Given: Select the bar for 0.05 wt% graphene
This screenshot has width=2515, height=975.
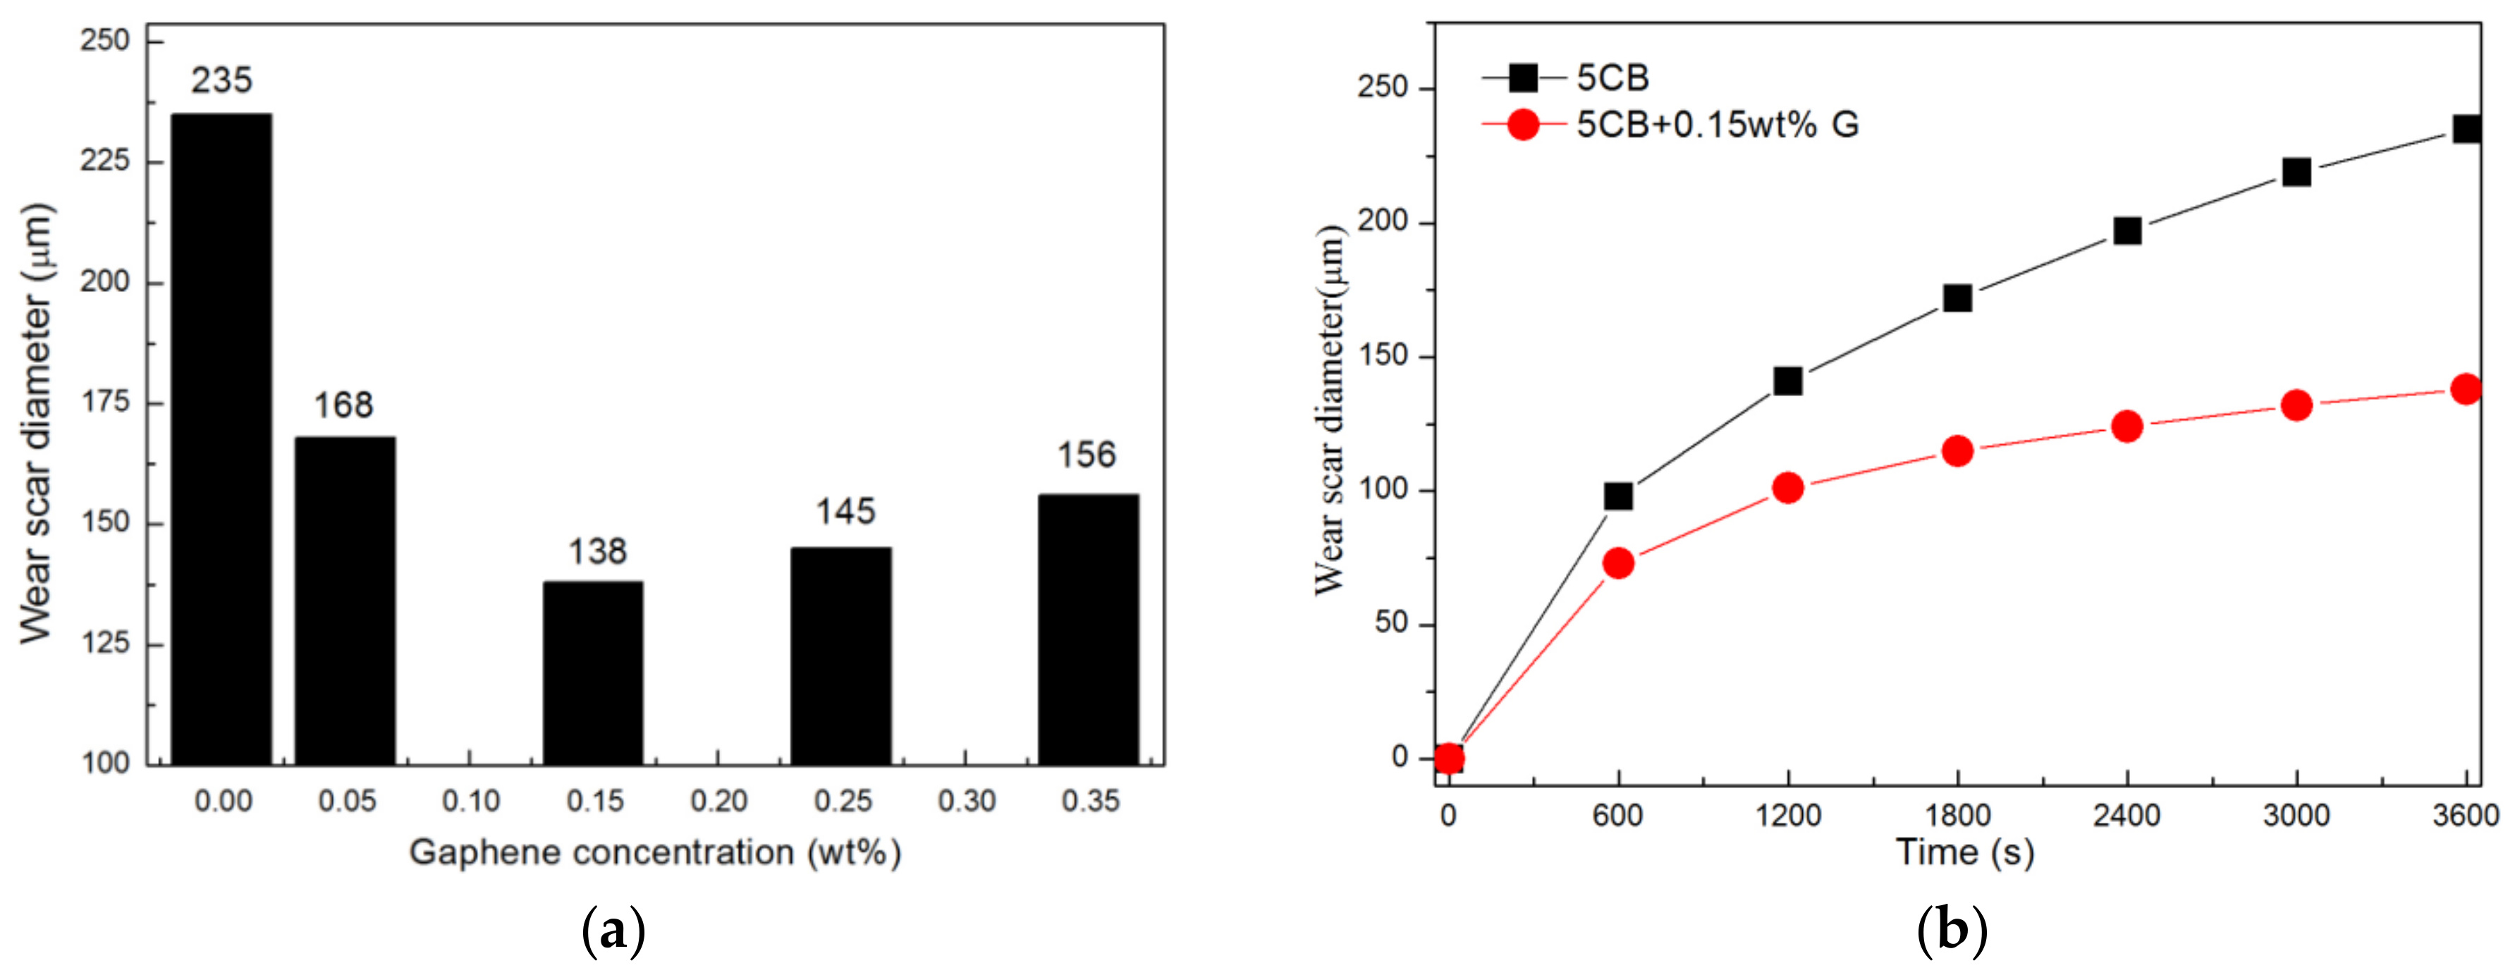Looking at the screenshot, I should pos(345,600).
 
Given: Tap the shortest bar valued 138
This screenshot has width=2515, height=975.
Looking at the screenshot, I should pos(593,673).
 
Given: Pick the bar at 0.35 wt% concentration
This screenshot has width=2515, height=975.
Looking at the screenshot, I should pos(1088,630).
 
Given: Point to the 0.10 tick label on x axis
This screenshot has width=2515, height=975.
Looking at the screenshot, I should pos(470,802).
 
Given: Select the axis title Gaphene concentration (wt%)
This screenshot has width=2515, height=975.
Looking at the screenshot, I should pos(654,852).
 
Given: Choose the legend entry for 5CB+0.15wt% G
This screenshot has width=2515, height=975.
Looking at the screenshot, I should pos(1716,125).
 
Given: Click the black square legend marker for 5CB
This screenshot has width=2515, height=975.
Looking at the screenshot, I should pos(1523,77).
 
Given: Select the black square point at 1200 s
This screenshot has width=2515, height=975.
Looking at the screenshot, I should pos(1787,381).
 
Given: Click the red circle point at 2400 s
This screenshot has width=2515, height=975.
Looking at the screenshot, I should pos(2127,427).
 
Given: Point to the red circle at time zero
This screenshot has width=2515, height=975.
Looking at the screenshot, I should pos(1449,757).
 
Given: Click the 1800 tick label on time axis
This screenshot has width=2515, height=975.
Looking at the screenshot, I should pos(1957,815).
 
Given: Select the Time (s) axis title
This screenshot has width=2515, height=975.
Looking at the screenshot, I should pos(1964,852).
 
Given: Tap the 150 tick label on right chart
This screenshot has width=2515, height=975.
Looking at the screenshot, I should pos(1385,356).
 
